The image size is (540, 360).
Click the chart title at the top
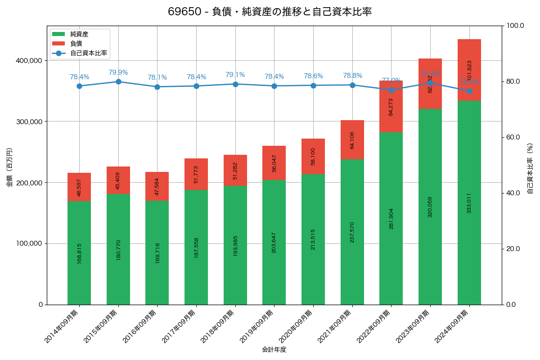pos(270,12)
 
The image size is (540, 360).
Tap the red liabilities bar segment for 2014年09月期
pos(79,187)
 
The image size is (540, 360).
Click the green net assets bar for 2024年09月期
pos(469,202)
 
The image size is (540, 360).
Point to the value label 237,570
pos(352,232)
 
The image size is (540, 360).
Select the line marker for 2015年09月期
pos(118,81)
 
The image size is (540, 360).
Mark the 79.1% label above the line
pos(235,75)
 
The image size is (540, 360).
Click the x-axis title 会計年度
pos(274,350)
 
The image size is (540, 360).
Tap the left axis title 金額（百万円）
pos(9,167)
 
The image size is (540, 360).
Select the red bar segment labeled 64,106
pos(352,139)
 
